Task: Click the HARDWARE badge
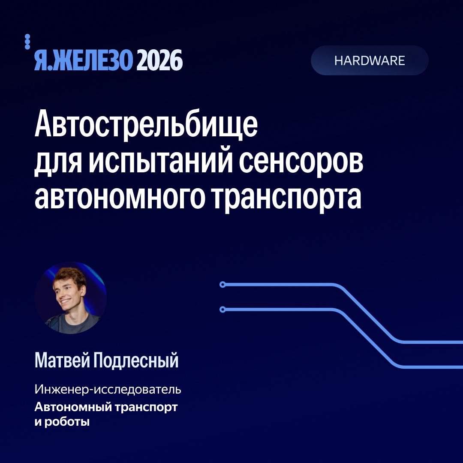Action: point(370,60)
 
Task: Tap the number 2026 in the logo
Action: point(159,60)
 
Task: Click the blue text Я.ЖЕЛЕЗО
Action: point(83,60)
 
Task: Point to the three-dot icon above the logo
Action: point(27,42)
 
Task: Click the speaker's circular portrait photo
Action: point(70,298)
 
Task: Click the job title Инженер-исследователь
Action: point(108,389)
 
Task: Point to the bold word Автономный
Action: point(73,407)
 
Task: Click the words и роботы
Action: point(62,422)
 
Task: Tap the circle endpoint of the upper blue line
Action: point(222,285)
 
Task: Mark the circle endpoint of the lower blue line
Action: point(222,310)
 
